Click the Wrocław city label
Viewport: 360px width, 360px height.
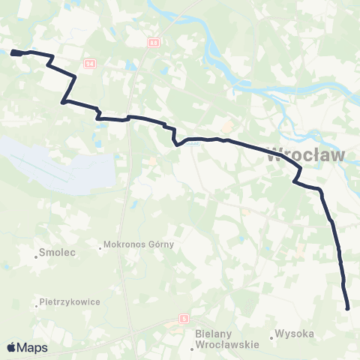point(305,157)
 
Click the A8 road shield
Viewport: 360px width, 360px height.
point(153,43)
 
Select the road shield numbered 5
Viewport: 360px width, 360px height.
point(182,319)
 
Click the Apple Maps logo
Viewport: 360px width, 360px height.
point(27,347)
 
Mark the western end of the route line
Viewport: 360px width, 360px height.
point(13,52)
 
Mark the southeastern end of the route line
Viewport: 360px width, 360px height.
point(348,307)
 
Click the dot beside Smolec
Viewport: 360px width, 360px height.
point(35,256)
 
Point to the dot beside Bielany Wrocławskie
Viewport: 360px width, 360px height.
point(185,334)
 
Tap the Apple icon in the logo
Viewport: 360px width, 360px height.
point(11,347)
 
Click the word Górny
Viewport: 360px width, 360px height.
point(160,244)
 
